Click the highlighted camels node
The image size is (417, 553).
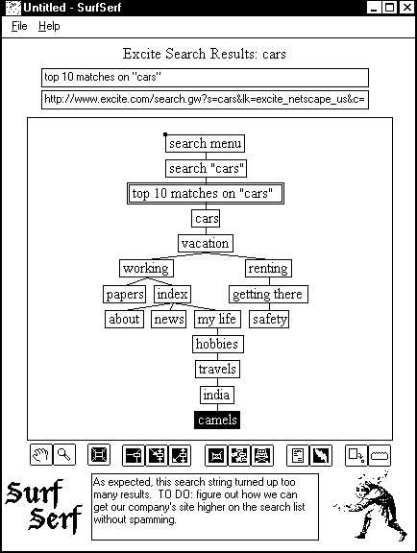[217, 420]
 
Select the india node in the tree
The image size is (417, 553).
[217, 395]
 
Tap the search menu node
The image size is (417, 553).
[206, 144]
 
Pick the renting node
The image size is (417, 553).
[268, 269]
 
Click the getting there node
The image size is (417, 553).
[268, 294]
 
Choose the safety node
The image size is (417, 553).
[269, 319]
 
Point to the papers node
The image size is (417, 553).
[125, 294]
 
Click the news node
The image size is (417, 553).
[169, 319]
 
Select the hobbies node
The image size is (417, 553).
[218, 345]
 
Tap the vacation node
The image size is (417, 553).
[206, 243]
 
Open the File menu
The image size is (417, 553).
[19, 26]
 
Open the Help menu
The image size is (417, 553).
[49, 26]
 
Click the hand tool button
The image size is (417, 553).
[41, 455]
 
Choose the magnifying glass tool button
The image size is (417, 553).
[64, 455]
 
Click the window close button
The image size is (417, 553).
[407, 8]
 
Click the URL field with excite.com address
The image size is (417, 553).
[206, 100]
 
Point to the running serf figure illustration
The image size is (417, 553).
[371, 506]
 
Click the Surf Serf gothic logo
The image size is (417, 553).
[44, 506]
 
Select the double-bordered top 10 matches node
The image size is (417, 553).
[206, 193]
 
